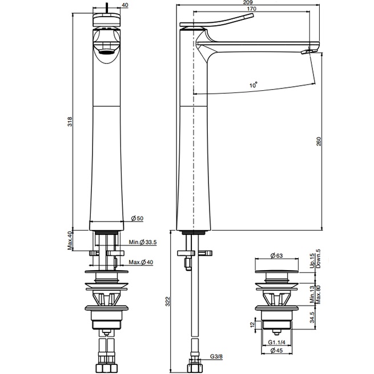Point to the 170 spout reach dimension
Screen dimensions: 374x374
[x=252, y=9]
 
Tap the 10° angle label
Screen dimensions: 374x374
[x=252, y=85]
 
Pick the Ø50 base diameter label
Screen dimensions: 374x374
[x=136, y=219]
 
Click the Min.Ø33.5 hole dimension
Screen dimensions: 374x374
[x=143, y=242]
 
